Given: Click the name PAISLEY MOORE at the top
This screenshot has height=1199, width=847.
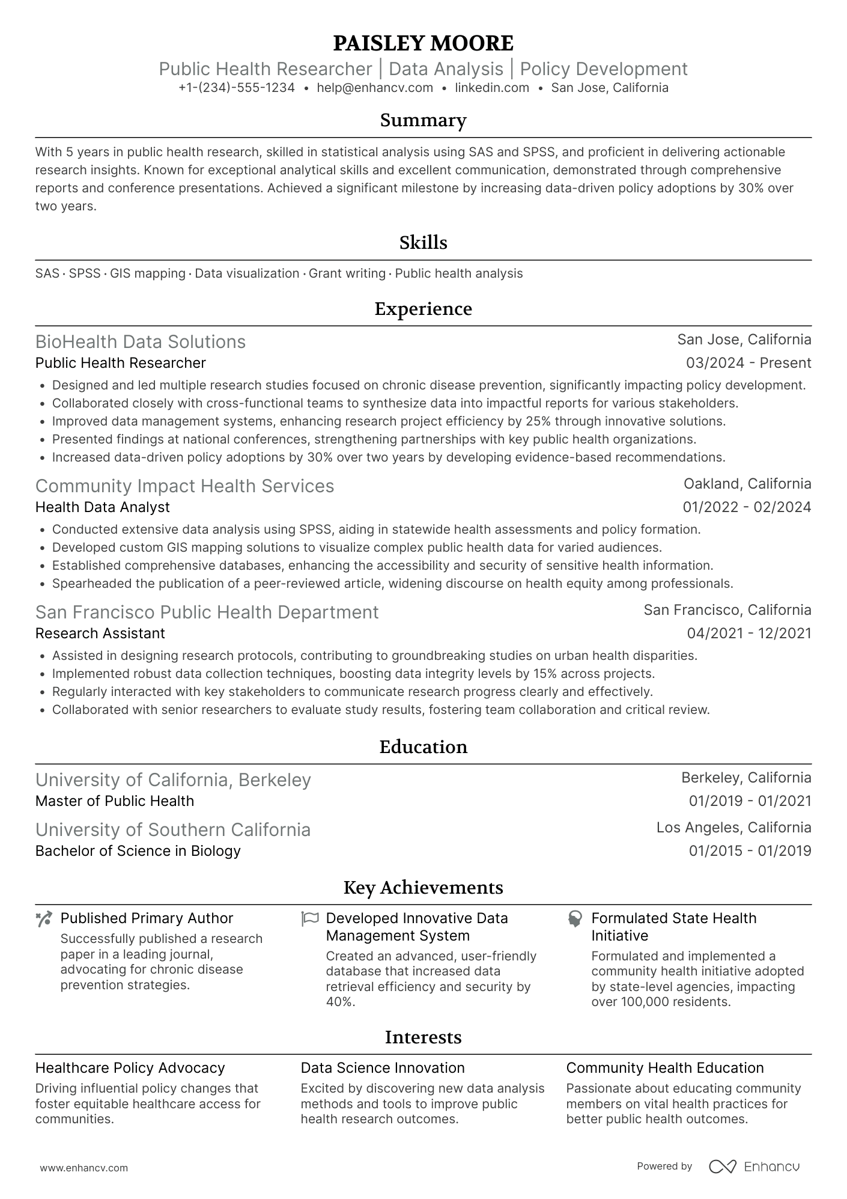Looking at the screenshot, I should point(423,43).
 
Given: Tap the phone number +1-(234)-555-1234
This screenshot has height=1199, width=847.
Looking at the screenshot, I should point(237,88).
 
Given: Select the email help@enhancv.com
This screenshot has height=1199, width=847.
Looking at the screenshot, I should point(375,88).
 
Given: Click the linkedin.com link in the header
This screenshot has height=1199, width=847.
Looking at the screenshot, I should point(492,88).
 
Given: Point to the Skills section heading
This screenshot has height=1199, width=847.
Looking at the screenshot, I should point(423,243).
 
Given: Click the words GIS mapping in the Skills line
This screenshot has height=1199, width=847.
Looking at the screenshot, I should point(147,273).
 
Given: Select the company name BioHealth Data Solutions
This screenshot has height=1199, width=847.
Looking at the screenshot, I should point(141,341).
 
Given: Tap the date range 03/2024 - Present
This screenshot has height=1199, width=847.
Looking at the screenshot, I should point(748,363).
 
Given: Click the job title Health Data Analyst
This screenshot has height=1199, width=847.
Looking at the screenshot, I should point(103,507).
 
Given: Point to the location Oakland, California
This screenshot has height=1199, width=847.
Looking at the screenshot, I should point(747,484).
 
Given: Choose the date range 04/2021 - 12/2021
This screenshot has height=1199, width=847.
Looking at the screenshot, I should point(748,633).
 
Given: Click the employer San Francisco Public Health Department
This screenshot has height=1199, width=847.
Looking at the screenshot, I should point(207,612).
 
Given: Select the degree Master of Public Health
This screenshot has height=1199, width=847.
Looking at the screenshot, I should point(115,801).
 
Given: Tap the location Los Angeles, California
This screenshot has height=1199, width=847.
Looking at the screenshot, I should point(733,828).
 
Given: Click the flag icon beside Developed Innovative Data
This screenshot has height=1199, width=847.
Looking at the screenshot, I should point(309,918).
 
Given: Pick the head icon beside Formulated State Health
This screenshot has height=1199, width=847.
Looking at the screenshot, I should point(575,918).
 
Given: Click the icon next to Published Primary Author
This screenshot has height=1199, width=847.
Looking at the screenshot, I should point(44,918).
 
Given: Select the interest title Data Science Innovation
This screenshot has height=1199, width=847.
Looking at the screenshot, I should point(383,1068).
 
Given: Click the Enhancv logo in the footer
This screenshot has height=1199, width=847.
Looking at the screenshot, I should point(754,1167).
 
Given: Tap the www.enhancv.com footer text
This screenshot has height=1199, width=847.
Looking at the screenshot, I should point(83,1168).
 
